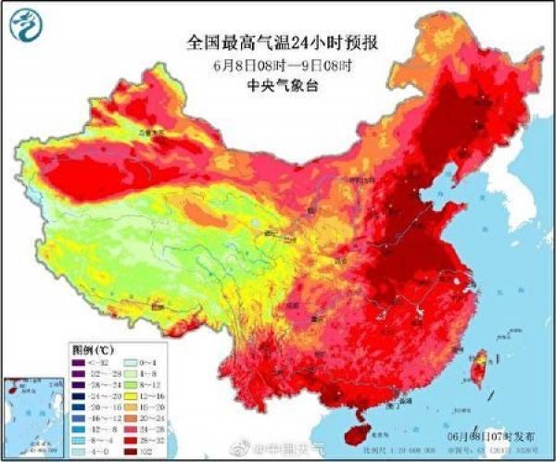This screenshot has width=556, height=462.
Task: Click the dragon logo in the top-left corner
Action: [25, 28]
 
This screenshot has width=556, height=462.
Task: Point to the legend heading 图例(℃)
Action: [93, 351]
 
